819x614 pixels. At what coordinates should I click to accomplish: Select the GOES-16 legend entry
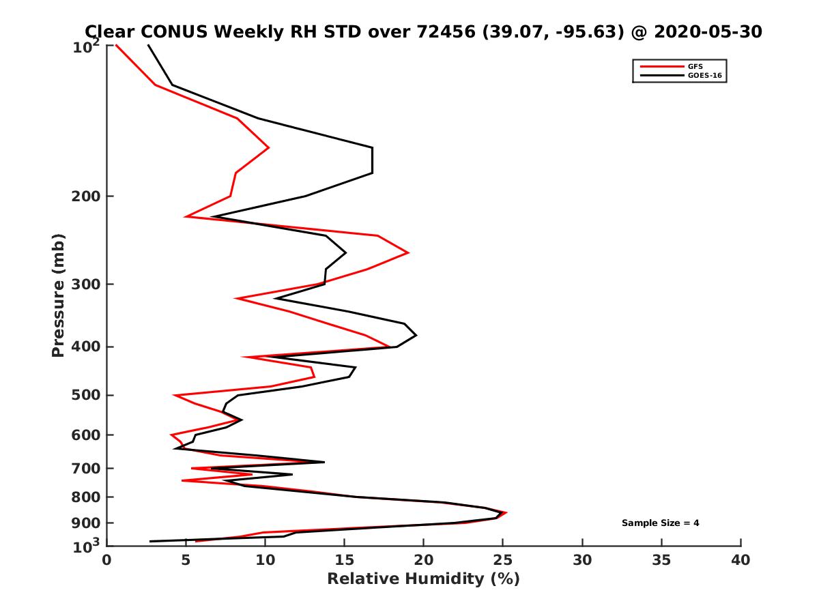(x=703, y=76)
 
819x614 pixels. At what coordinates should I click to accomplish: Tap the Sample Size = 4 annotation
(x=660, y=523)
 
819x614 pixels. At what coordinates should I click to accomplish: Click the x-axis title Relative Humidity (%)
(x=423, y=579)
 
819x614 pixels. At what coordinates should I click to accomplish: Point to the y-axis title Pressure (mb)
(x=58, y=295)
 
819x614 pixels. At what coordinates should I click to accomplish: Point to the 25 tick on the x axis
(x=503, y=560)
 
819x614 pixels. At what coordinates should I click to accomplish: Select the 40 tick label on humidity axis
(x=741, y=560)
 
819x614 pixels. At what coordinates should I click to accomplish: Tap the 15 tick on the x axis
(x=344, y=560)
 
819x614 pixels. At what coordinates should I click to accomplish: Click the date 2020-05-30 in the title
(x=706, y=31)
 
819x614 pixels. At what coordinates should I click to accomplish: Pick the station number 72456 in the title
(x=444, y=31)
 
